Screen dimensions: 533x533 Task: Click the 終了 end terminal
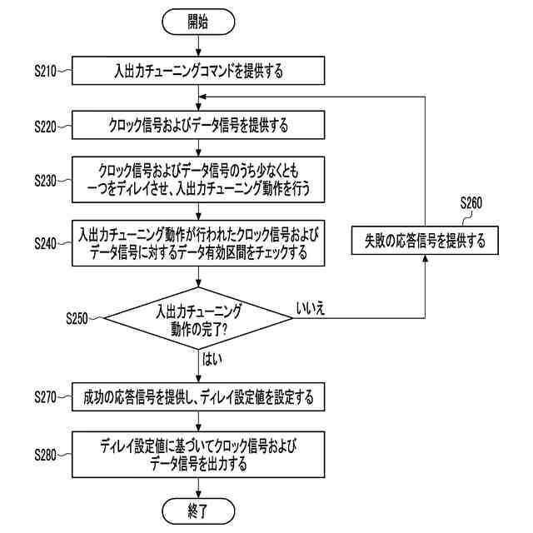pyautogui.click(x=198, y=509)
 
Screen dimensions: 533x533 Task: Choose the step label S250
pyautogui.click(x=82, y=318)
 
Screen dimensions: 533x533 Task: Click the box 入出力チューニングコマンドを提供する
pyautogui.click(x=198, y=72)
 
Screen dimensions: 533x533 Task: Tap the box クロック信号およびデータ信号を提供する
pyautogui.click(x=198, y=127)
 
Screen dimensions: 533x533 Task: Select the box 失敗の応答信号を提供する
pyautogui.click(x=424, y=242)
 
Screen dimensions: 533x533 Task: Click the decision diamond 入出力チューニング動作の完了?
pyautogui.click(x=198, y=318)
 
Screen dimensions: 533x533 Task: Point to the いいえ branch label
pyautogui.click(x=311, y=308)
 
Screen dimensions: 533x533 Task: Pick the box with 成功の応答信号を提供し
pyautogui.click(x=198, y=398)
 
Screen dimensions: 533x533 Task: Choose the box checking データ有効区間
pyautogui.click(x=198, y=243)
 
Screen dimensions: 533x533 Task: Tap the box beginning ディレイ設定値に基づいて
pyautogui.click(x=198, y=455)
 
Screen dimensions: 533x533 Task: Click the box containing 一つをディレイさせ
pyautogui.click(x=198, y=179)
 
